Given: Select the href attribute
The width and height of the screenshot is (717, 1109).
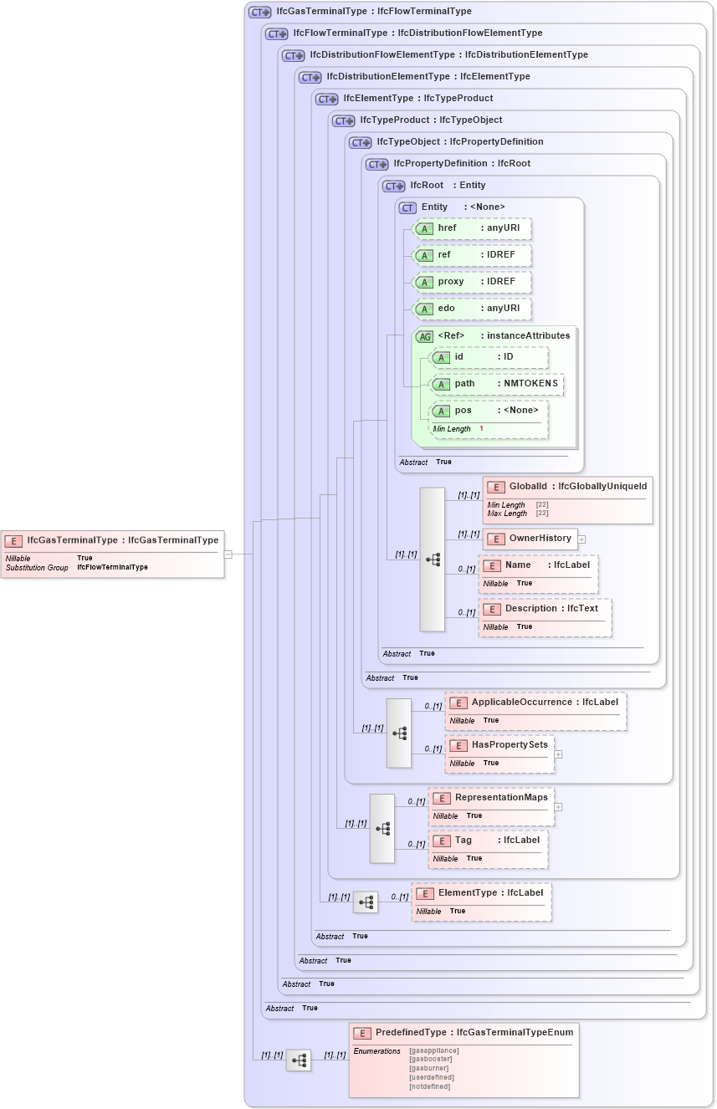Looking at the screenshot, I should tap(474, 228).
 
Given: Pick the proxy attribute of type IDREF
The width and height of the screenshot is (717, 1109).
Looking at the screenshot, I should tap(474, 282).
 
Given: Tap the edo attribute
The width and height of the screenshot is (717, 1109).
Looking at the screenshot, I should tap(474, 309).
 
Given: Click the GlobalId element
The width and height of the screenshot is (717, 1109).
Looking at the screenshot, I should tap(567, 487).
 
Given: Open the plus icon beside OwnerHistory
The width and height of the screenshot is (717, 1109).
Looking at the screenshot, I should tap(581, 539).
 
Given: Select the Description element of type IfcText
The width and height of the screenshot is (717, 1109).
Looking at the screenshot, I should tap(545, 609).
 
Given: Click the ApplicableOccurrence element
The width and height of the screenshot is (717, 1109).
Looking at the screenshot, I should tap(535, 703).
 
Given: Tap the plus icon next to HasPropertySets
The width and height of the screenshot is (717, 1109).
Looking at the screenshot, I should tap(558, 754).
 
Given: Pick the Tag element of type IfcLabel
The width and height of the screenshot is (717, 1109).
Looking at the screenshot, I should tap(488, 841).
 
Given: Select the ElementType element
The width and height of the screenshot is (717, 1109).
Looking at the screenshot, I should tap(481, 893).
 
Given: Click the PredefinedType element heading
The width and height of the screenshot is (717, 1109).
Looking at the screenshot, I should tap(463, 1034).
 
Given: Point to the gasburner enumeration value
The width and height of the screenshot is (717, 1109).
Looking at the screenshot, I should tap(428, 1068).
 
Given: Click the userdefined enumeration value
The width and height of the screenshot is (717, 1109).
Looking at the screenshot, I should tap(432, 1077).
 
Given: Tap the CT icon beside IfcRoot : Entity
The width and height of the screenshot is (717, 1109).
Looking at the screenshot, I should tap(393, 186).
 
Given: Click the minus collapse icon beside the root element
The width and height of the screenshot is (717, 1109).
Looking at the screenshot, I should tap(227, 553).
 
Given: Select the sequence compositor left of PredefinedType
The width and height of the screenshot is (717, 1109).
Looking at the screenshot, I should tap(299, 1060).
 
